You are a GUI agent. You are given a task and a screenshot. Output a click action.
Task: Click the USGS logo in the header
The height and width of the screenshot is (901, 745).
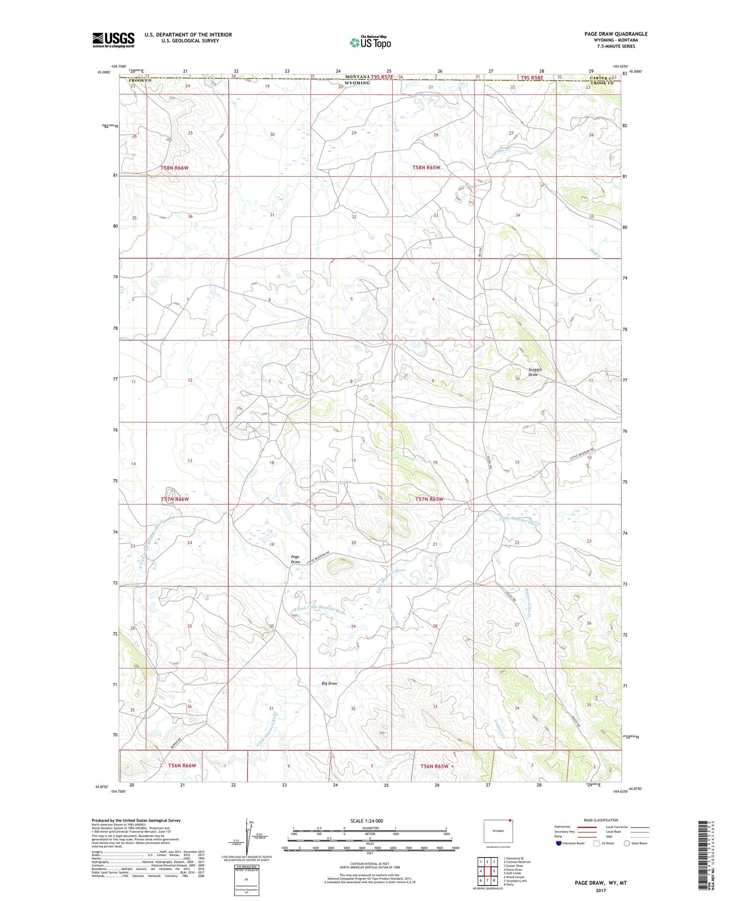point(113,40)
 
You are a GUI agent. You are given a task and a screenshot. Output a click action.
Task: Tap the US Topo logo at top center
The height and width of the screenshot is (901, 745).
point(371,42)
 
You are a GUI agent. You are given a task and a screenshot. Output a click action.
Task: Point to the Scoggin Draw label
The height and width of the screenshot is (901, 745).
point(534,372)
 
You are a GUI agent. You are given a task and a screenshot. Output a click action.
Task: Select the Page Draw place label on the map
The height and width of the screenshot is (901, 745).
point(295,559)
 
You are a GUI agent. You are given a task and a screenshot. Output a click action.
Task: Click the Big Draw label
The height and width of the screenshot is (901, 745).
point(329,683)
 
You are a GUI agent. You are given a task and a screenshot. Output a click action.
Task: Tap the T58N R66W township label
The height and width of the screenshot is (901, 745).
point(174,168)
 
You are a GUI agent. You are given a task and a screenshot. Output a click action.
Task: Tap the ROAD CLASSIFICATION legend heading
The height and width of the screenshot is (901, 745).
point(601,820)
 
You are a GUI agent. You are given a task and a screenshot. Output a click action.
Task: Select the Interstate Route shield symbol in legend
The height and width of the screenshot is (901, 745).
point(559,843)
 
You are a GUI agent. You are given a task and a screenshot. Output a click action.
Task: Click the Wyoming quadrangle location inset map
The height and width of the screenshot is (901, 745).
point(498,830)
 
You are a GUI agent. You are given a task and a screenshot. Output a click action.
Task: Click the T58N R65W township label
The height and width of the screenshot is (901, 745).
point(426,168)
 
